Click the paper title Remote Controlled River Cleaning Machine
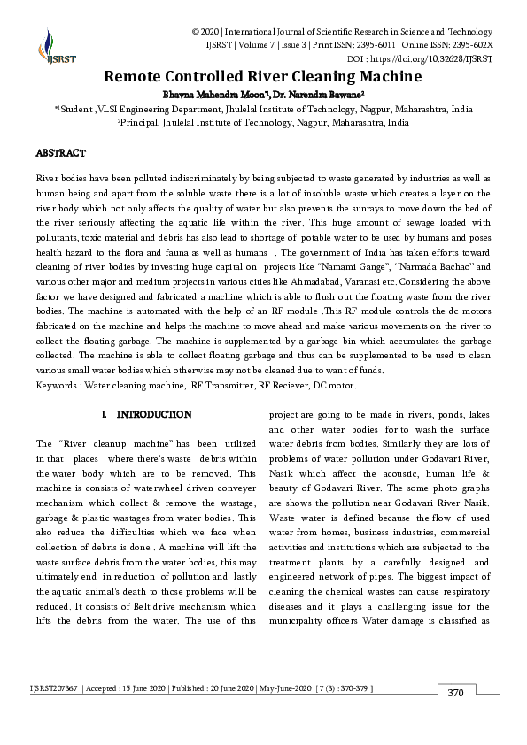pos(262,76)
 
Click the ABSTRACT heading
pos(61,153)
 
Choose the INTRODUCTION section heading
pos(154,414)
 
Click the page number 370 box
pos(456,692)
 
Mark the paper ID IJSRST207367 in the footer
pos(56,688)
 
